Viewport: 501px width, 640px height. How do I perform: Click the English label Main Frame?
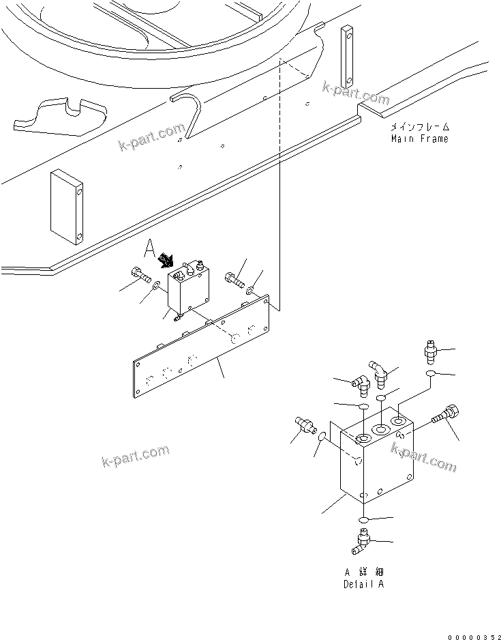[420, 139]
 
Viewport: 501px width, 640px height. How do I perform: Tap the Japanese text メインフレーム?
[420, 128]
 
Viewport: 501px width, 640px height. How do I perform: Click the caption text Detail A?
[363, 584]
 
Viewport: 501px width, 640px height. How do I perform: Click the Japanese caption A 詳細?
[363, 572]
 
